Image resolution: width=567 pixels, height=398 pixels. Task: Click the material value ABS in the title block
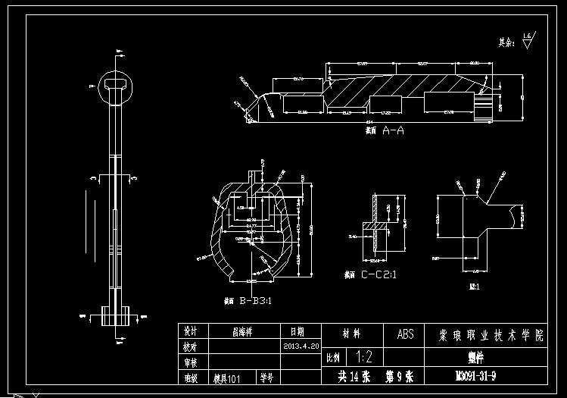click(x=406, y=334)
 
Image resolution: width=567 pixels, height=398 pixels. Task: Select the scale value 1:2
click(x=363, y=356)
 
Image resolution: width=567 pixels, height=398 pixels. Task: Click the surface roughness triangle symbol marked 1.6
click(x=528, y=39)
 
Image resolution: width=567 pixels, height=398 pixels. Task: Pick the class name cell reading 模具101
click(x=226, y=376)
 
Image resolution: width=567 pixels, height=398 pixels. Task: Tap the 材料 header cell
click(x=352, y=334)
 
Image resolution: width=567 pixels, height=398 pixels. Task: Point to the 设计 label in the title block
click(x=190, y=331)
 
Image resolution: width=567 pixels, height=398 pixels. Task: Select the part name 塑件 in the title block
click(x=475, y=356)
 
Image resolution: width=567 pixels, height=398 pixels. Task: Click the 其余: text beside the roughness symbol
click(x=506, y=42)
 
